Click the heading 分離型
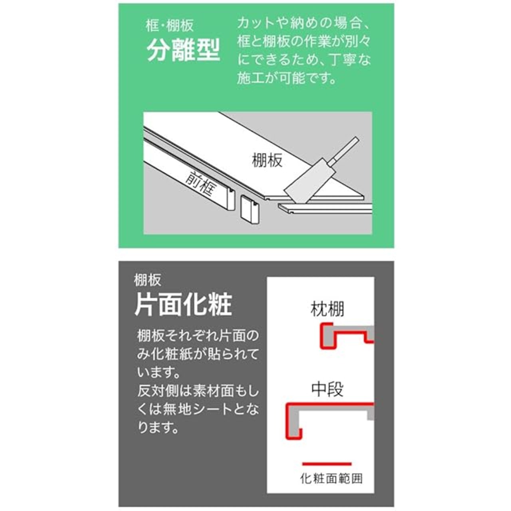pos(183,50)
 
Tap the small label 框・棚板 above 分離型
pos(170,26)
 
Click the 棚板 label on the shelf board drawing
pos(267,160)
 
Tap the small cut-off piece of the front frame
pos(250,209)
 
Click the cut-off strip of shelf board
pos(325,209)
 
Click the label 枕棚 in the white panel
pos(327,309)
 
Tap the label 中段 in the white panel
pos(327,389)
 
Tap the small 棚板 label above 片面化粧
pos(148,280)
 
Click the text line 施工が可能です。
pos(287,78)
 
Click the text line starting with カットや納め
pos(303,23)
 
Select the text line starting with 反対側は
pos(198,391)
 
